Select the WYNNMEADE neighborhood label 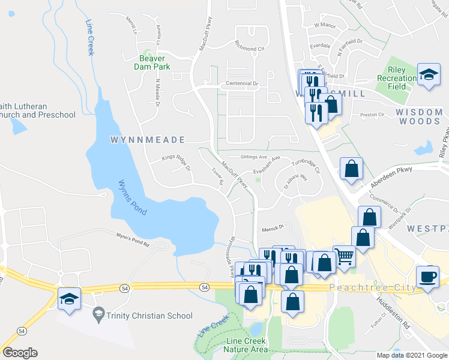point(148,140)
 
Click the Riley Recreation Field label point(397,78)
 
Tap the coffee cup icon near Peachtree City point(427,277)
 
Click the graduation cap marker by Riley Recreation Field point(429,74)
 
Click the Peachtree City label point(373,289)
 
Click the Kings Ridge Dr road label point(175,162)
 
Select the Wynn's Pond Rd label point(133,241)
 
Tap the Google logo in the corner point(20,352)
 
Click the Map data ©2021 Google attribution point(412,355)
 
